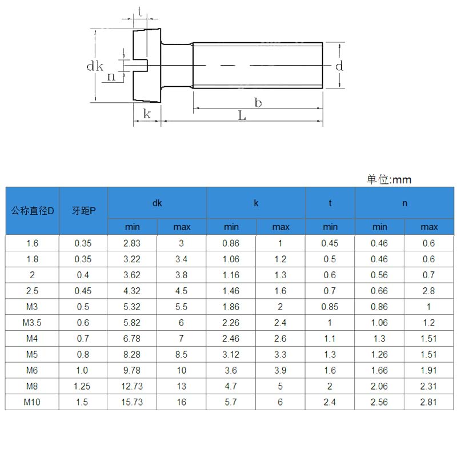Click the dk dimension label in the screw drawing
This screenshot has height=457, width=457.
tap(94, 66)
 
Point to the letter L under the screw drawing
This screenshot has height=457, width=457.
tap(242, 115)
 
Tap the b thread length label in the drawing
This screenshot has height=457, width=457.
tap(258, 102)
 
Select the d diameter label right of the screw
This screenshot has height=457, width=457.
tap(339, 66)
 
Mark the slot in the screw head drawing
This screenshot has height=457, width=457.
tap(141, 66)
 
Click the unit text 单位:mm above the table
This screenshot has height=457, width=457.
tap(388, 179)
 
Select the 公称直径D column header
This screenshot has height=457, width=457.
tap(33, 210)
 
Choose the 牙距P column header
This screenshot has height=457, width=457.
tap(83, 210)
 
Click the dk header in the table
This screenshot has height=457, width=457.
tap(157, 203)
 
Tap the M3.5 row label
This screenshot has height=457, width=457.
tap(33, 323)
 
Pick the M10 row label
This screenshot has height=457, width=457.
tap(33, 402)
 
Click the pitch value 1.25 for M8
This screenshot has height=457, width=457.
tap(83, 386)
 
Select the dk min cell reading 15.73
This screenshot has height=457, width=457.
tap(132, 402)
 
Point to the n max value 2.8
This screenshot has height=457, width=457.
tap(429, 291)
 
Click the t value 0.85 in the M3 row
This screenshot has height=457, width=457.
tap(330, 307)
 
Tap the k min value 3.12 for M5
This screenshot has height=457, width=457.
tap(231, 355)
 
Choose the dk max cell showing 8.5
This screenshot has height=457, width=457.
tap(182, 355)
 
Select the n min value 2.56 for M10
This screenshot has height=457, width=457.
tap(379, 402)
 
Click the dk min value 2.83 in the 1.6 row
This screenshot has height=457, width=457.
tap(132, 243)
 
